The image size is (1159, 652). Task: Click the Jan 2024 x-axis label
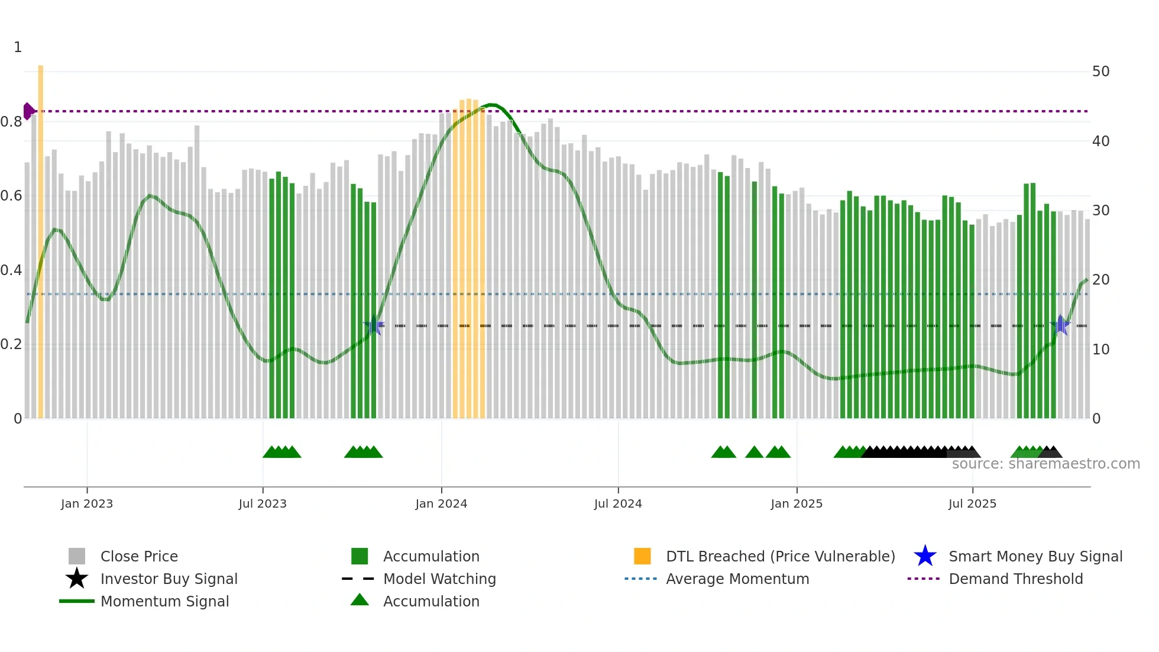[441, 503]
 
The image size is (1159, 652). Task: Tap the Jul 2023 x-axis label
[263, 503]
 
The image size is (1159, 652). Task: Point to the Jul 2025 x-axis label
[972, 503]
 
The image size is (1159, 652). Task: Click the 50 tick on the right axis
[1100, 72]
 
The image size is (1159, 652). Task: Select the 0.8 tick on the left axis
[11, 122]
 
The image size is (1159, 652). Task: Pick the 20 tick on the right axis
[1100, 280]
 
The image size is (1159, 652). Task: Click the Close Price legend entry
[139, 556]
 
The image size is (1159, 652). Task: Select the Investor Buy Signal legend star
[77, 579]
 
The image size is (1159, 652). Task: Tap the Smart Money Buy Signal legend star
[925, 556]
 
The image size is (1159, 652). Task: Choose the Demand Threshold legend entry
[1015, 579]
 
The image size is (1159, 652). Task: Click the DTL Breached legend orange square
[642, 556]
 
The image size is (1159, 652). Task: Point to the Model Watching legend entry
[439, 579]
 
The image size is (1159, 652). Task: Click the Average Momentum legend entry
[737, 579]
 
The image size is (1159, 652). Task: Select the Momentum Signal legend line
[77, 601]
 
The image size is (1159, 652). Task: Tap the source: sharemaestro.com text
[1045, 464]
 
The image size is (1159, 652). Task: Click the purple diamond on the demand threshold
[28, 111]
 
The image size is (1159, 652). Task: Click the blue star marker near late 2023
[374, 325]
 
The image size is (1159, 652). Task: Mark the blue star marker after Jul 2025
[1061, 325]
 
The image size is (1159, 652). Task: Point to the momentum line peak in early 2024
[491, 105]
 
